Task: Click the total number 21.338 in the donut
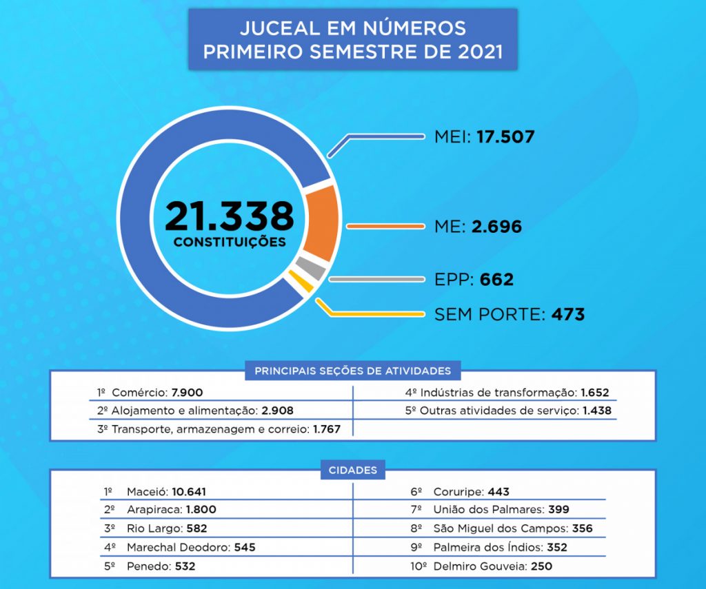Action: point(229,216)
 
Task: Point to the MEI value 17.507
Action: point(505,136)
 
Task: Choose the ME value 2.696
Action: point(496,226)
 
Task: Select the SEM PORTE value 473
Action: point(567,315)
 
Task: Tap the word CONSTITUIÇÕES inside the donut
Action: point(229,242)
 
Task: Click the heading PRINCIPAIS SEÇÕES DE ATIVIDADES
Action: point(352,371)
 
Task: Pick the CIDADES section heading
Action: point(352,471)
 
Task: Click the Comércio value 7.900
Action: point(187,393)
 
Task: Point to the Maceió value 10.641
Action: point(189,492)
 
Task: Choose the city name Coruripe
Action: point(458,492)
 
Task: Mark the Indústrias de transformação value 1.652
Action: point(594,393)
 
